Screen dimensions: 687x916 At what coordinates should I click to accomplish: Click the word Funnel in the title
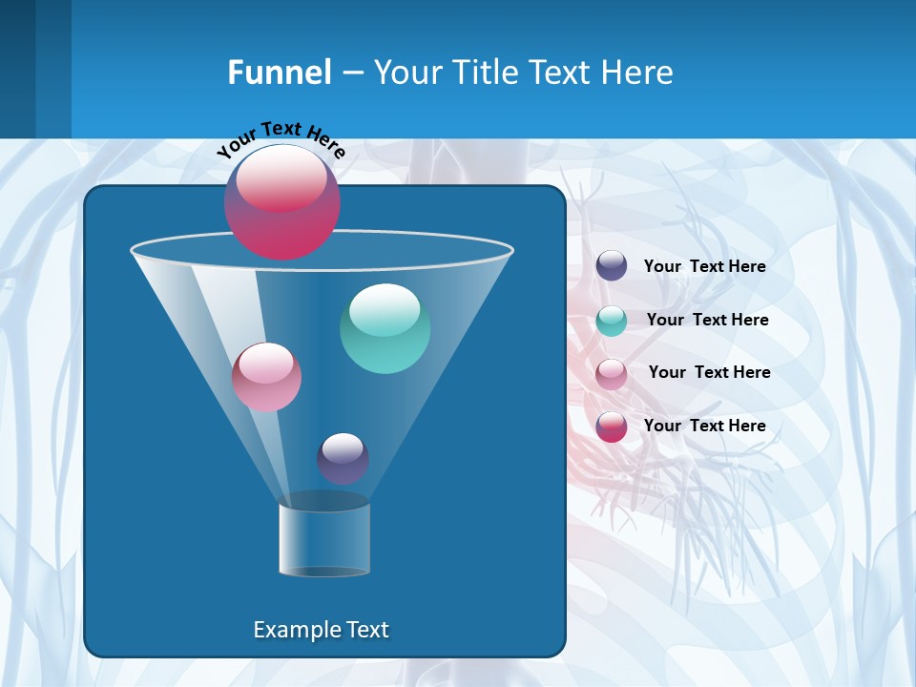pyautogui.click(x=280, y=73)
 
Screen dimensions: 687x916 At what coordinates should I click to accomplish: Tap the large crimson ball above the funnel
pyautogui.click(x=282, y=202)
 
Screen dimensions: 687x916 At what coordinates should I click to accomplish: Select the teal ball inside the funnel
pyautogui.click(x=385, y=329)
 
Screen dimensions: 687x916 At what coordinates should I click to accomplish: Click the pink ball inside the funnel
pyautogui.click(x=267, y=378)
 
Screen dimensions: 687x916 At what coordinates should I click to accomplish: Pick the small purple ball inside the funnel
pyautogui.click(x=343, y=459)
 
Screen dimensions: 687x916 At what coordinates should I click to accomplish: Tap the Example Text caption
pyautogui.click(x=322, y=630)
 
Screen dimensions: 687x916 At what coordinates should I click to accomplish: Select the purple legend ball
pyautogui.click(x=612, y=266)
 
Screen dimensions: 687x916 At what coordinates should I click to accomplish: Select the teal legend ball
pyautogui.click(x=612, y=321)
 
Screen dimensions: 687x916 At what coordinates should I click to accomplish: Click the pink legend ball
pyautogui.click(x=612, y=373)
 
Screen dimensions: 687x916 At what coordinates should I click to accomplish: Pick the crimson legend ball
pyautogui.click(x=612, y=427)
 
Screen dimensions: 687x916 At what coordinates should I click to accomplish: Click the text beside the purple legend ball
pyautogui.click(x=704, y=267)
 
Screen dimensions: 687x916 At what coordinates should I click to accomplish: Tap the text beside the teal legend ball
pyautogui.click(x=707, y=321)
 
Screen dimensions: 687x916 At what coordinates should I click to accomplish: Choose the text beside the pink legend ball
pyautogui.click(x=709, y=373)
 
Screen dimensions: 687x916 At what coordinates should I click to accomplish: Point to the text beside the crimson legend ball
pyautogui.click(x=704, y=427)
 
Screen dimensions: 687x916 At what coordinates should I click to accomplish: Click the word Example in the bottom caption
pyautogui.click(x=290, y=630)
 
